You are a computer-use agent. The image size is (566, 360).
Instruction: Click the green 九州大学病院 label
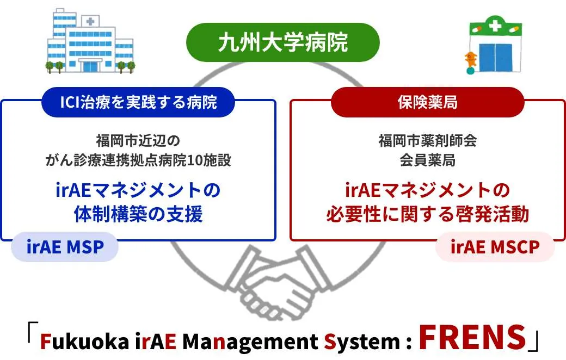click(282, 43)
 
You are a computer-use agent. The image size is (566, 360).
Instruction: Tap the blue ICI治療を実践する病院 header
click(138, 102)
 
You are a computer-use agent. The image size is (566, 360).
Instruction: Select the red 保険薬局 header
click(427, 102)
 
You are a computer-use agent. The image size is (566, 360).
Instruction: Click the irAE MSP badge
click(65, 247)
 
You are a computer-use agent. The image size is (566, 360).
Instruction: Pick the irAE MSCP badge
click(495, 247)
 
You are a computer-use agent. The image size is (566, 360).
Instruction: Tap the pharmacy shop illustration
click(495, 46)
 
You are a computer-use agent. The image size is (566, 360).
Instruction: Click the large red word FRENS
click(472, 338)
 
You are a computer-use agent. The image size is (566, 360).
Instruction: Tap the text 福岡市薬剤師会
click(427, 141)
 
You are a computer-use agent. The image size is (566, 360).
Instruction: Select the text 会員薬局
click(427, 160)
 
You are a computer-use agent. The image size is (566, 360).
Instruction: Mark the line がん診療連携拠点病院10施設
click(138, 160)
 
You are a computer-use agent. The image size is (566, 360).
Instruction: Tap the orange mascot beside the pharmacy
click(470, 60)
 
